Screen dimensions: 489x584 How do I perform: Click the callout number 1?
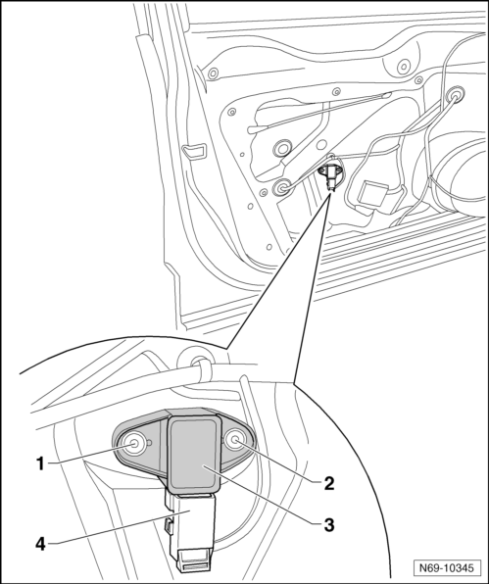pyautogui.click(x=40, y=463)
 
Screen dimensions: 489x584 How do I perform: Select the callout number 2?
pyautogui.click(x=329, y=483)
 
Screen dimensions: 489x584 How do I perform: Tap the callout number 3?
pyautogui.click(x=329, y=525)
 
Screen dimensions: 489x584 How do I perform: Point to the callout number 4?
pyautogui.click(x=40, y=545)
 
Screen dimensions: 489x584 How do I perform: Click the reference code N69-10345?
pyautogui.click(x=447, y=568)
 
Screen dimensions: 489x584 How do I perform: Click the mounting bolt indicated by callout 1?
pyautogui.click(x=133, y=443)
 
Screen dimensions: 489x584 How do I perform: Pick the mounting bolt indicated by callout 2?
pyautogui.click(x=235, y=441)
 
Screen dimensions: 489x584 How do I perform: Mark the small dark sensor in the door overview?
pyautogui.click(x=329, y=174)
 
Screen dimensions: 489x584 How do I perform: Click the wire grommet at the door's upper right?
pyautogui.click(x=455, y=96)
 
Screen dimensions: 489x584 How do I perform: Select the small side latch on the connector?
pyautogui.click(x=169, y=525)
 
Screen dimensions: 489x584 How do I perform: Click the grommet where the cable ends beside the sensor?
pyautogui.click(x=281, y=187)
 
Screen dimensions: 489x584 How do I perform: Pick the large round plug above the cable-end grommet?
pyautogui.click(x=282, y=149)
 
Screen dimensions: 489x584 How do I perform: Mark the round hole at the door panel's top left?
pyautogui.click(x=213, y=73)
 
